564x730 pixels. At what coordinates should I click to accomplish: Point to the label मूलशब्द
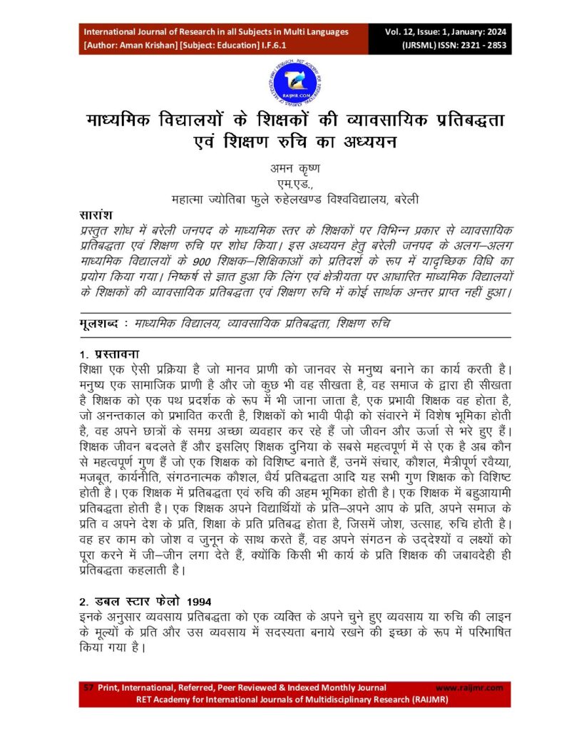tap(98, 324)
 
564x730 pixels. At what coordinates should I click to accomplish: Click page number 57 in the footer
tap(88, 687)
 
